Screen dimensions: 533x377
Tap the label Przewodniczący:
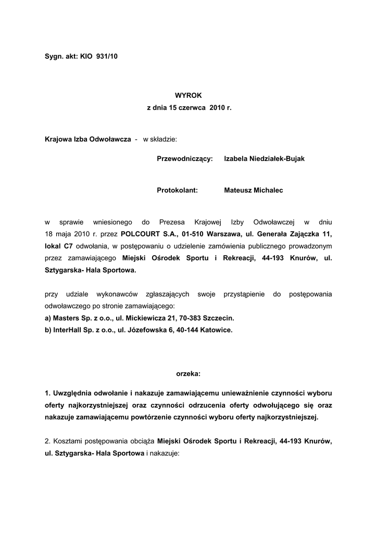tap(185, 159)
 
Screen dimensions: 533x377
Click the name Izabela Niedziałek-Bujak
tap(264, 159)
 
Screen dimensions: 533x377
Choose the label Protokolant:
tap(178, 191)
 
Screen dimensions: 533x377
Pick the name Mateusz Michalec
tap(253, 191)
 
